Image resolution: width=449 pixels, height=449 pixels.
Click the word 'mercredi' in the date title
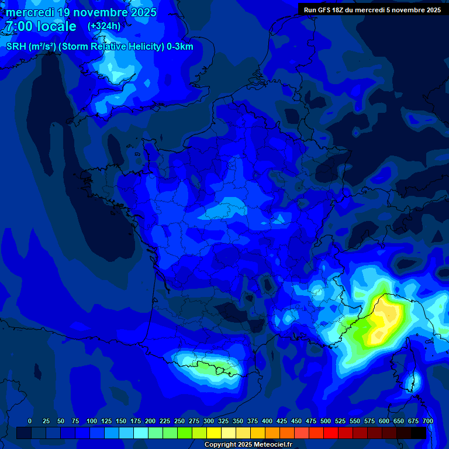[30, 12]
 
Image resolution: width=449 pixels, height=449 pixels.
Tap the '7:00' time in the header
[21, 26]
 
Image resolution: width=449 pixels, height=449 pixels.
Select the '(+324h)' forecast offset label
[104, 26]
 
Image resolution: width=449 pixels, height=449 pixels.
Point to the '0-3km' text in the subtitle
[180, 47]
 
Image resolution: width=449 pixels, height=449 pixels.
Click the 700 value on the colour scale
[427, 421]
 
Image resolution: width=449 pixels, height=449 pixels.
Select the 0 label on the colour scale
[30, 421]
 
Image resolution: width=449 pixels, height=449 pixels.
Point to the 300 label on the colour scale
[209, 421]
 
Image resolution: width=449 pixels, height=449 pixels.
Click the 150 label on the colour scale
[121, 421]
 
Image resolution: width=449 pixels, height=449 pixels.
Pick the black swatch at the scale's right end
[419, 433]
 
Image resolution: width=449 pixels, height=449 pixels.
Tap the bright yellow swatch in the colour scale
[214, 433]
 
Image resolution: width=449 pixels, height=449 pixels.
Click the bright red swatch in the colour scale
[331, 433]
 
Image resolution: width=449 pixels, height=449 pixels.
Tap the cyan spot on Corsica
[414, 381]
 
